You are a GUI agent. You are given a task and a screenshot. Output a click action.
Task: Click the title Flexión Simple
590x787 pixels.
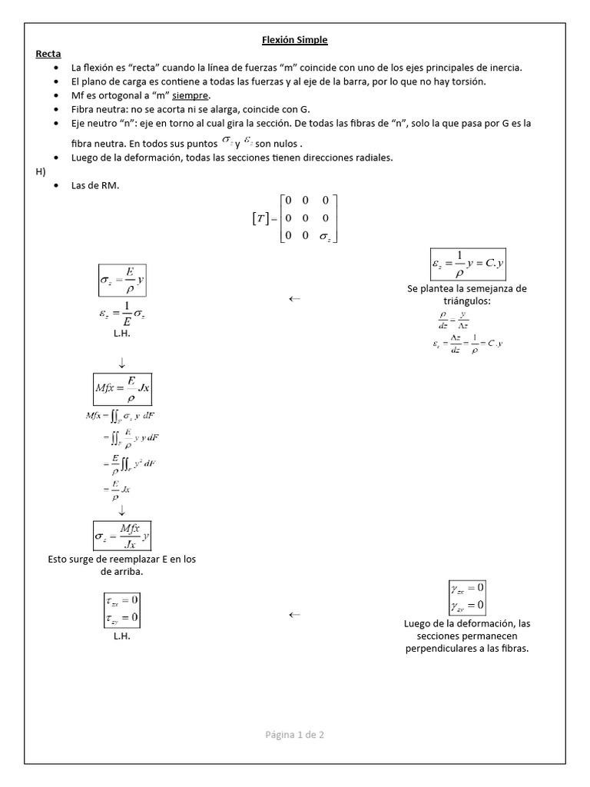point(295,39)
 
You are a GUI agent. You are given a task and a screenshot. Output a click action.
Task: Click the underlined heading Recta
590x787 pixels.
point(48,54)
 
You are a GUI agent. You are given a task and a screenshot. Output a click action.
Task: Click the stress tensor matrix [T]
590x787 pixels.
point(295,219)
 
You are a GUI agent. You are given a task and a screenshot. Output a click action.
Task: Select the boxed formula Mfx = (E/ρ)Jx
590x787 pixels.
point(122,389)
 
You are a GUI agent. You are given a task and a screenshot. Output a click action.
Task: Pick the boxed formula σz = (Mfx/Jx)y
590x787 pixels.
point(122,535)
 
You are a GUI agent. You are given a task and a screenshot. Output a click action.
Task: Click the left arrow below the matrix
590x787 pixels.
point(294,299)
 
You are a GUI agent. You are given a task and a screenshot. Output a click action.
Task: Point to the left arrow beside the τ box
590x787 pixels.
point(294,614)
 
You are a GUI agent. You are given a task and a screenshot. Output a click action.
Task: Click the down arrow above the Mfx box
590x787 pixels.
point(122,361)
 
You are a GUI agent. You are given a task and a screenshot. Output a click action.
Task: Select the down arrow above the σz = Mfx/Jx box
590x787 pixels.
point(122,510)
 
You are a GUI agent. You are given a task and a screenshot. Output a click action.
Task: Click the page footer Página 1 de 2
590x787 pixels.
point(294,735)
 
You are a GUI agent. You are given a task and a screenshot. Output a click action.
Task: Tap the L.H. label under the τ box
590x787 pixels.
point(121,637)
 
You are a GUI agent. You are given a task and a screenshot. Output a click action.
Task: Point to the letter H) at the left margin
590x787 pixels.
point(41,171)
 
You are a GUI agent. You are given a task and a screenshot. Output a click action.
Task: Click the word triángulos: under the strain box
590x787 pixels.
point(467,301)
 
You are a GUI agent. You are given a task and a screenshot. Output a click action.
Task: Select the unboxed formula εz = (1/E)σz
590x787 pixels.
point(121,317)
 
